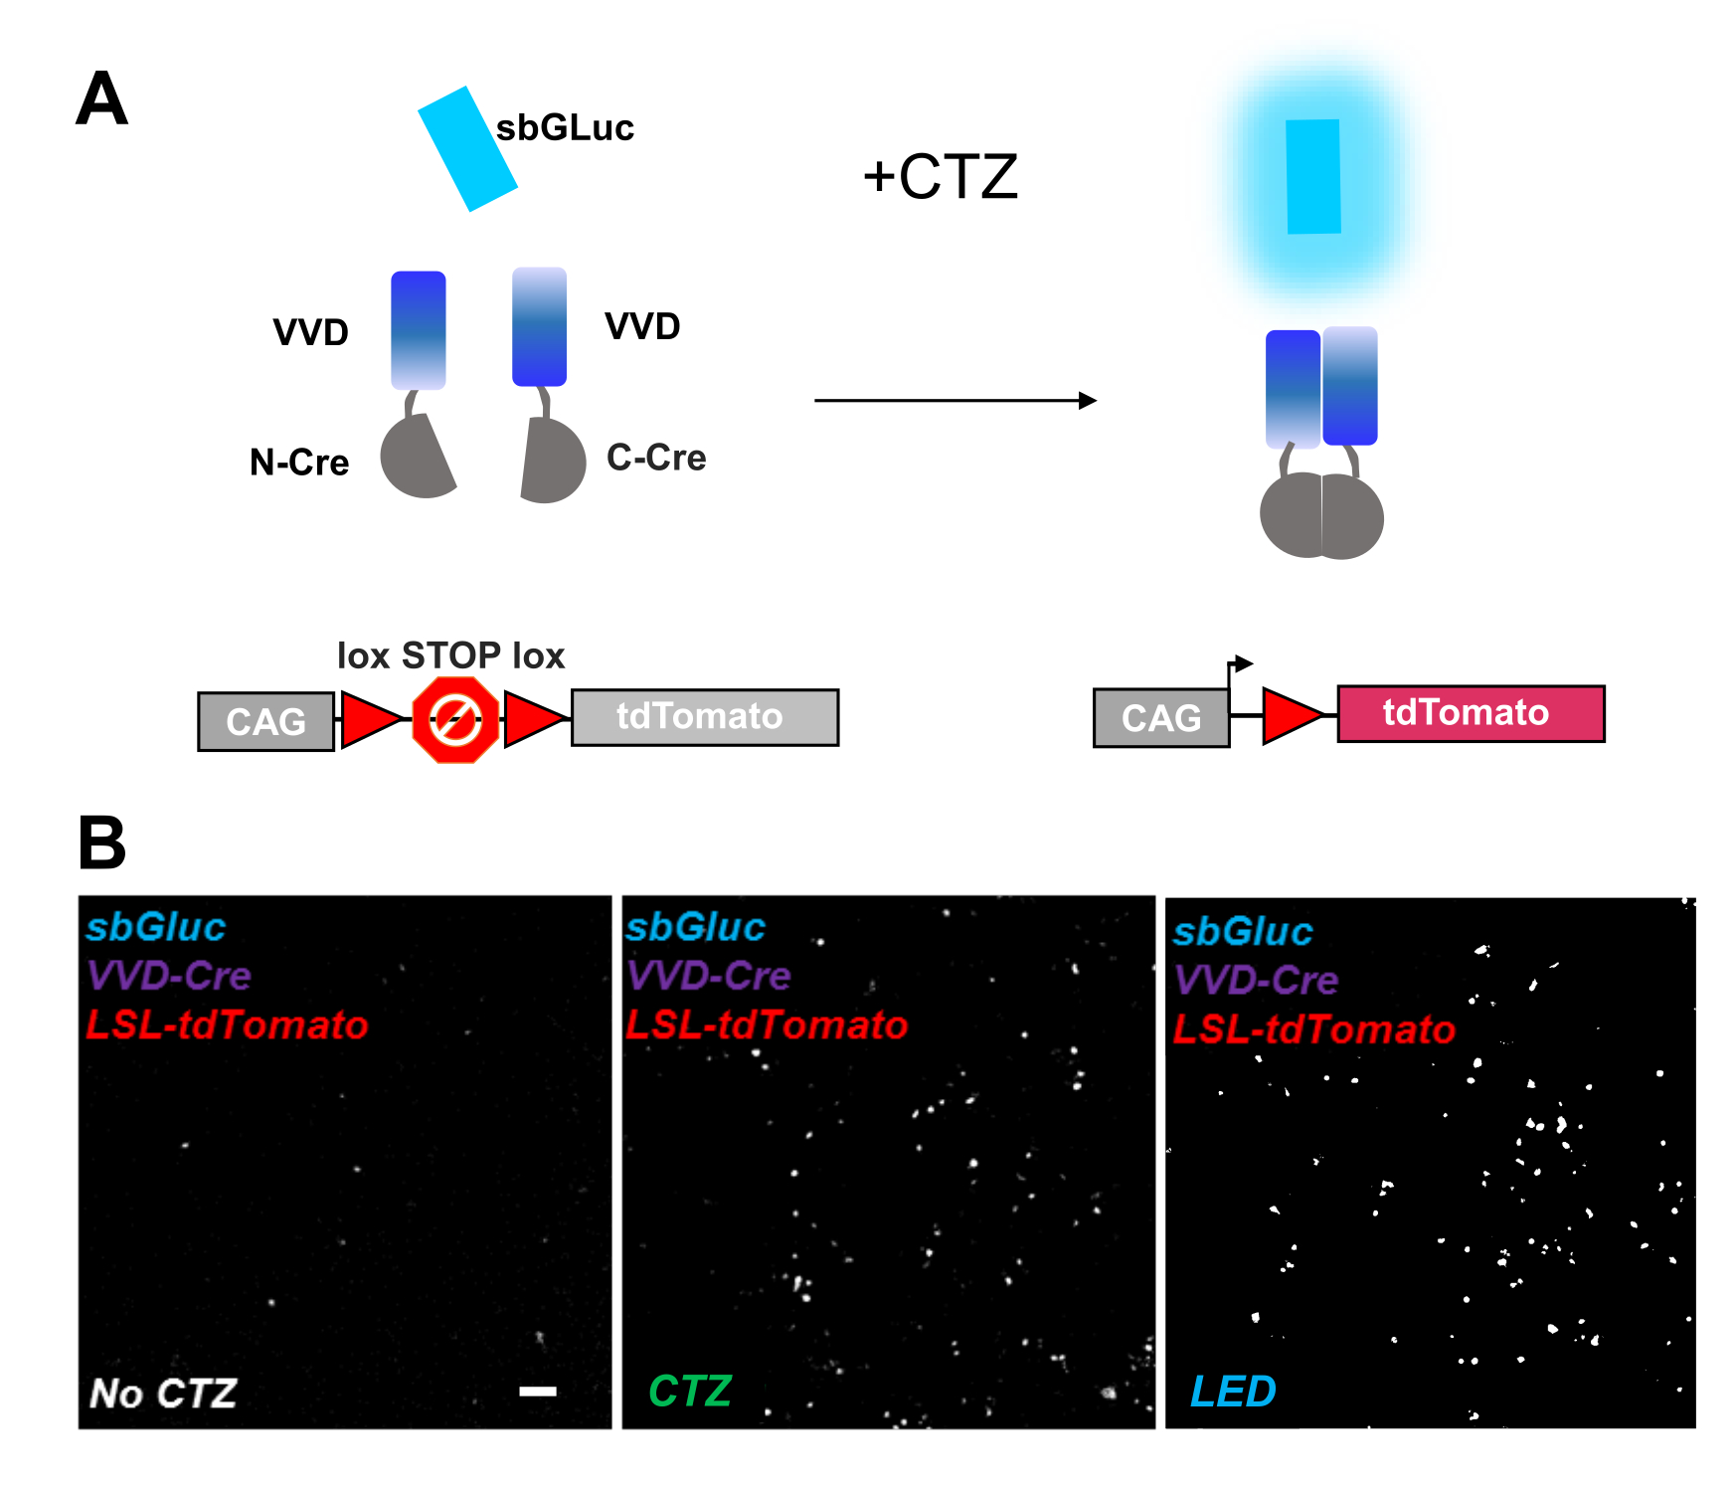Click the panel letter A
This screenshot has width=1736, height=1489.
101,99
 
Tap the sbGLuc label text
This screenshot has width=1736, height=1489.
565,128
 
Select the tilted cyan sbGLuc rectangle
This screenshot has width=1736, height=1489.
466,149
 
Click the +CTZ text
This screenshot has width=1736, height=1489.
941,177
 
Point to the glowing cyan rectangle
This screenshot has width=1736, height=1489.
1312,177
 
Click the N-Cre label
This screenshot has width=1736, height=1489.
299,463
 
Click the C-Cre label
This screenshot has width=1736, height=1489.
656,458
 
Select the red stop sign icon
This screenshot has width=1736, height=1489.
455,720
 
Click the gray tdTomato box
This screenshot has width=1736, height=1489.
704,717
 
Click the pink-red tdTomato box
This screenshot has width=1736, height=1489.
1470,713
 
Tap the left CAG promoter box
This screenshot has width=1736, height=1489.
265,721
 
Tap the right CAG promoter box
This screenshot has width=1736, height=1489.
1160,718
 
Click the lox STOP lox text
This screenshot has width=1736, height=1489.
450,655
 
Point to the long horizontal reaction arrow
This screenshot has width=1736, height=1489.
955,401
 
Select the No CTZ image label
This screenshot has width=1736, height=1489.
163,1394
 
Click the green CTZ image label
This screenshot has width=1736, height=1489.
690,1392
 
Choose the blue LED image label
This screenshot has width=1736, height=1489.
1233,1392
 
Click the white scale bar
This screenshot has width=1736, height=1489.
538,1391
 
